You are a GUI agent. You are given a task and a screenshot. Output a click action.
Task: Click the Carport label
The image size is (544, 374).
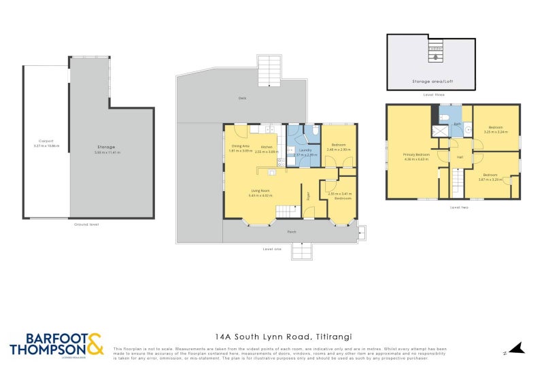(x=46, y=141)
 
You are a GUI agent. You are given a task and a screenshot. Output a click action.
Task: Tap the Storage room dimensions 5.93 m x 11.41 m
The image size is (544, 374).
(x=105, y=152)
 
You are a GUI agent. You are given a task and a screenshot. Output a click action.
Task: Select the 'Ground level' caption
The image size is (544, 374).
(x=86, y=224)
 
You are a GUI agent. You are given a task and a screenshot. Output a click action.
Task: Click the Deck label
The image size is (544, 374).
(x=242, y=99)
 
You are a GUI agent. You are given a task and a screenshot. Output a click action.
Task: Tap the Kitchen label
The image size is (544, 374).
(x=267, y=147)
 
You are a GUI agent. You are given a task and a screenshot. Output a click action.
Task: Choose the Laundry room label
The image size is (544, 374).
(x=305, y=150)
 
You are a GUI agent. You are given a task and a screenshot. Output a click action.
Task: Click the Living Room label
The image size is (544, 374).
(x=262, y=190)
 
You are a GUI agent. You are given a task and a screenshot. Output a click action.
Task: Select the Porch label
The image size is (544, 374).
(x=292, y=231)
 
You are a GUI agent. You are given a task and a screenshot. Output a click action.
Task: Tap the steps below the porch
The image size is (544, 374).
(x=303, y=251)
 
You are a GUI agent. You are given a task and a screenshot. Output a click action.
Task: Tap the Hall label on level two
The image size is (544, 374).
(x=460, y=157)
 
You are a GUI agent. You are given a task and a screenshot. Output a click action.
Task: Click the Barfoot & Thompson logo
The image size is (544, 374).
(x=56, y=344)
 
